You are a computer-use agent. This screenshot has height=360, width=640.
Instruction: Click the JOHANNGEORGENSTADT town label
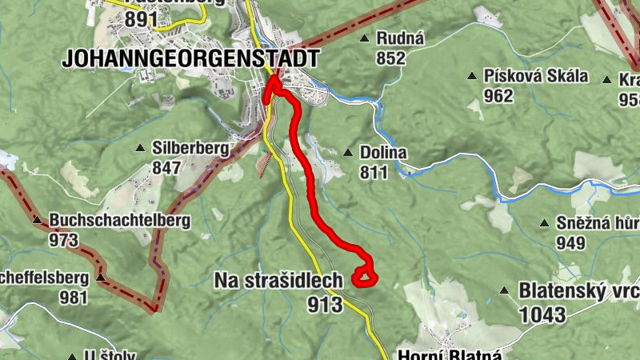pos(190,58)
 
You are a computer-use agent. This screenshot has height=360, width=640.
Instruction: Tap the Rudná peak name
pos(405,38)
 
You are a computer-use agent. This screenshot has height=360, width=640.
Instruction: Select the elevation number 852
pos(391,58)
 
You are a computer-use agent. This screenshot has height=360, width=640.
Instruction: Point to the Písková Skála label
pos(536,77)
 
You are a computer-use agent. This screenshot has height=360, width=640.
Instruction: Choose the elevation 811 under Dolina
pos(374,172)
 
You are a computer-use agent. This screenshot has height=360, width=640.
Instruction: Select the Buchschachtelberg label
pos(119,220)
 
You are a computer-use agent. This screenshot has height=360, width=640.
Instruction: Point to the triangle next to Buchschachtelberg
pos(37,220)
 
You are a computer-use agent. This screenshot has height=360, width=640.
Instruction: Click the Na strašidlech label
pos(278,280)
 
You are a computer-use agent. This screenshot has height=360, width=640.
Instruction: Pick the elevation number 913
pos(325,304)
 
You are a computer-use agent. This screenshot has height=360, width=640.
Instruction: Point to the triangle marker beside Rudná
pos(365,38)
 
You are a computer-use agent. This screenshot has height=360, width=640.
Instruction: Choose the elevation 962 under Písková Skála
pos(498,96)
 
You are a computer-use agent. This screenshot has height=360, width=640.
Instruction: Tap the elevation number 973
pos(64,239)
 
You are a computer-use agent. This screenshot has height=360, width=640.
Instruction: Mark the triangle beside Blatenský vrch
pos(504,290)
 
